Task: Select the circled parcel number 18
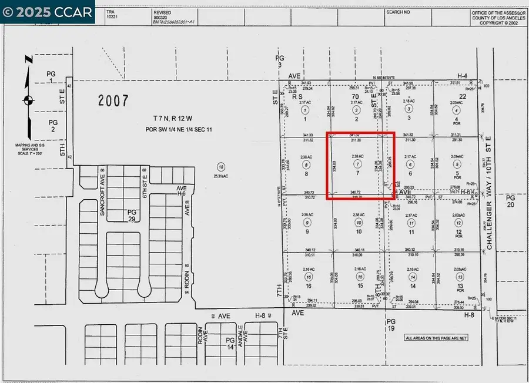221,166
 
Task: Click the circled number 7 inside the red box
357,163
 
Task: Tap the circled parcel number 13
460,276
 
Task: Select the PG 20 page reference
510,201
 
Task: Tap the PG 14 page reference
230,344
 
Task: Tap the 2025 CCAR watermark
47,12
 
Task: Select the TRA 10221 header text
111,15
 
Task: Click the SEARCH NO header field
399,12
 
